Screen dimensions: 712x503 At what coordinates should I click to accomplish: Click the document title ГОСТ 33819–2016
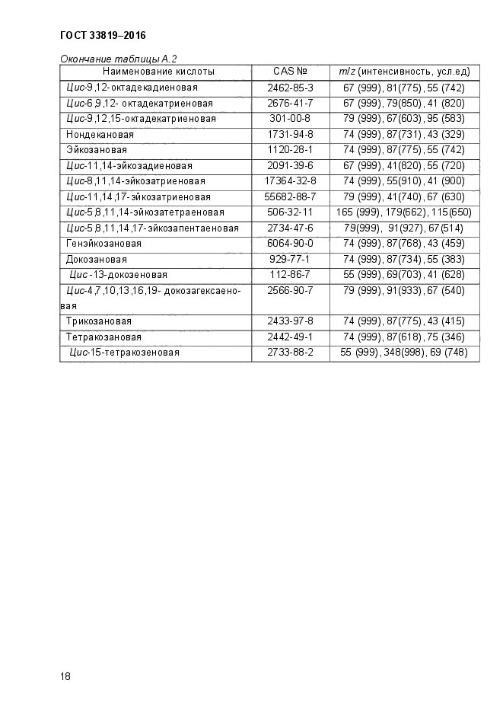coord(102,36)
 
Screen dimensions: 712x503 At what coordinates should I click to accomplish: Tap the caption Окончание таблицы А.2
coord(118,59)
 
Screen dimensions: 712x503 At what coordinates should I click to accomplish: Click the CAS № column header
coord(290,72)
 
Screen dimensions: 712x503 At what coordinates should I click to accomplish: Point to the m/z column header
coord(404,72)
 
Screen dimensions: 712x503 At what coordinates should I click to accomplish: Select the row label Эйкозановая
coord(91,150)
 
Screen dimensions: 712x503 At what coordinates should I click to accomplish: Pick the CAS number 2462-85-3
coord(290,88)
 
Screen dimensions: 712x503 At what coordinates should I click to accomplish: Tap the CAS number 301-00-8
coord(290,119)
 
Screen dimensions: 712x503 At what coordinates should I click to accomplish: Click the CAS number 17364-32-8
coord(290,181)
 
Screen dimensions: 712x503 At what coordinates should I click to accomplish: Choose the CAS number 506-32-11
coord(290,212)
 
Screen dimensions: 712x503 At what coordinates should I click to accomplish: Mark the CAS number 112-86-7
coord(290,275)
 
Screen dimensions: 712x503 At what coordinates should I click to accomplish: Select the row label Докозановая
coord(93,260)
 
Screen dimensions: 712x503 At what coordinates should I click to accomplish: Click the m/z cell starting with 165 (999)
coord(404,212)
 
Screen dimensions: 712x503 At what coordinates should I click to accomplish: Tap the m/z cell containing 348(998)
coord(404,353)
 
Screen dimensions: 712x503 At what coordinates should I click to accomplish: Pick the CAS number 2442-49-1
coord(290,337)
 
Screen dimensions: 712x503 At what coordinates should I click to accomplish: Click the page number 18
coord(65,676)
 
